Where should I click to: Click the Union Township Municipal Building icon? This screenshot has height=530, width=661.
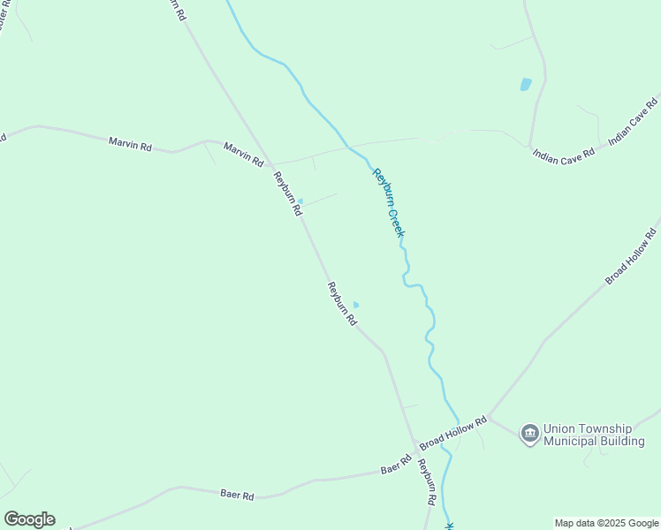coord(529,433)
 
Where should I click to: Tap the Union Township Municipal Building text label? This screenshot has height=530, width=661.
coord(594,435)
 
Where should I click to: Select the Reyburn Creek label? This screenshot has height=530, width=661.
coord(388,202)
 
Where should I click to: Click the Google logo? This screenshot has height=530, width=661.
coord(29,519)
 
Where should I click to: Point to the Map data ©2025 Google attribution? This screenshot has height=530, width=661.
coord(606,523)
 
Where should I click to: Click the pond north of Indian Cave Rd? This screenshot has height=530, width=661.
coord(526,85)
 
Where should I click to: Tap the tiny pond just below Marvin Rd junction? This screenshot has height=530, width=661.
coord(300,201)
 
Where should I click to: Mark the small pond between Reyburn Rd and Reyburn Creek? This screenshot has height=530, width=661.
coord(356,305)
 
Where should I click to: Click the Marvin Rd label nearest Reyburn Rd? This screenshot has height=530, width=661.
coord(243,155)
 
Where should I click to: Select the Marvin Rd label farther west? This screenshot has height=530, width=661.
coord(130,143)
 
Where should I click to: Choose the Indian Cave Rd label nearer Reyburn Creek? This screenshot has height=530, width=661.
coord(563,153)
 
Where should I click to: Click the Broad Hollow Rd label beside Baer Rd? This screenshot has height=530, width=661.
coord(453,431)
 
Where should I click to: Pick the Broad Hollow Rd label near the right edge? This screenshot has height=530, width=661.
coord(631,256)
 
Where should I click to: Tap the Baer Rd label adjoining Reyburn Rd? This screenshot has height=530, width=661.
coord(396,465)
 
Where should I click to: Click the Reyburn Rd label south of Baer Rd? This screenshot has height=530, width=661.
coord(427,481)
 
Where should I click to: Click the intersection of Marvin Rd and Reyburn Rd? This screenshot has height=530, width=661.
coord(271,165)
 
